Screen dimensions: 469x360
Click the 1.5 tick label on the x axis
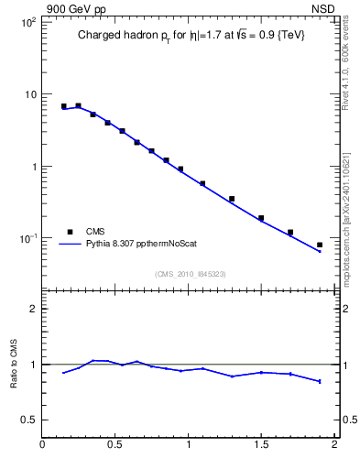(261, 446)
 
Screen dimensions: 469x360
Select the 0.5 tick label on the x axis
(115, 446)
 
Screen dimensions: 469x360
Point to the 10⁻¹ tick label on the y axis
(27, 239)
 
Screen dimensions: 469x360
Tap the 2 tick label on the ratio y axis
(32, 310)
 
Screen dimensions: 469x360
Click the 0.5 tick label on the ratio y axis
(27, 420)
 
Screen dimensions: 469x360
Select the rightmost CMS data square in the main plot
(320, 245)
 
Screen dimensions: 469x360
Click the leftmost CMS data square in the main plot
(64, 106)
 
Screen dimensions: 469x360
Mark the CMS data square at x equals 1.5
(261, 218)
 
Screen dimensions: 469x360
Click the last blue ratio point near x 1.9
(320, 381)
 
